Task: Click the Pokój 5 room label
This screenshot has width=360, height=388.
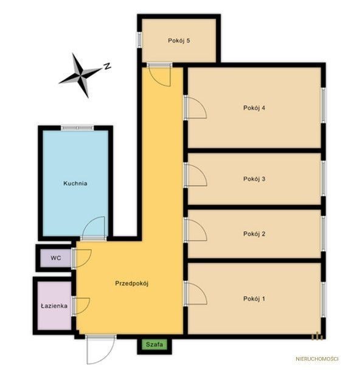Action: (x=179, y=41)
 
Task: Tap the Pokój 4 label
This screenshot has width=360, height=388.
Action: (x=254, y=108)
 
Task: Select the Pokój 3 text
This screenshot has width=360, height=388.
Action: (x=254, y=179)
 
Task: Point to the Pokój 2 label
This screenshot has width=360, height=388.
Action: (x=254, y=234)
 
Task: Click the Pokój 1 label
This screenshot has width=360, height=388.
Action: (x=254, y=299)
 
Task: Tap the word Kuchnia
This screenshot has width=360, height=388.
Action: (x=75, y=184)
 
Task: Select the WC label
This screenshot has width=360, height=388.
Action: (x=56, y=258)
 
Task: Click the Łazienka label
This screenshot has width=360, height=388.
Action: (x=54, y=306)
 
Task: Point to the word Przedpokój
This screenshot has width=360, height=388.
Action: (x=131, y=283)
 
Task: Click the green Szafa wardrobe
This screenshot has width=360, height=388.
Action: (x=154, y=344)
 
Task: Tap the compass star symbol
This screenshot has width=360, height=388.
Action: (x=80, y=75)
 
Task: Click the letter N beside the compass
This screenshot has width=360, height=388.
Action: (x=107, y=66)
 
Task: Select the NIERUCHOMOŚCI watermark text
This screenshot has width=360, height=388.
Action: (x=317, y=359)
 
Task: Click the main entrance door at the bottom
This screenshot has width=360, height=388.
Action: (x=101, y=350)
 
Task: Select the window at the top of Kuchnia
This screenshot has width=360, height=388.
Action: (x=77, y=128)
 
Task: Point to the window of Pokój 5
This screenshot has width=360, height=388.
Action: (x=139, y=40)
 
